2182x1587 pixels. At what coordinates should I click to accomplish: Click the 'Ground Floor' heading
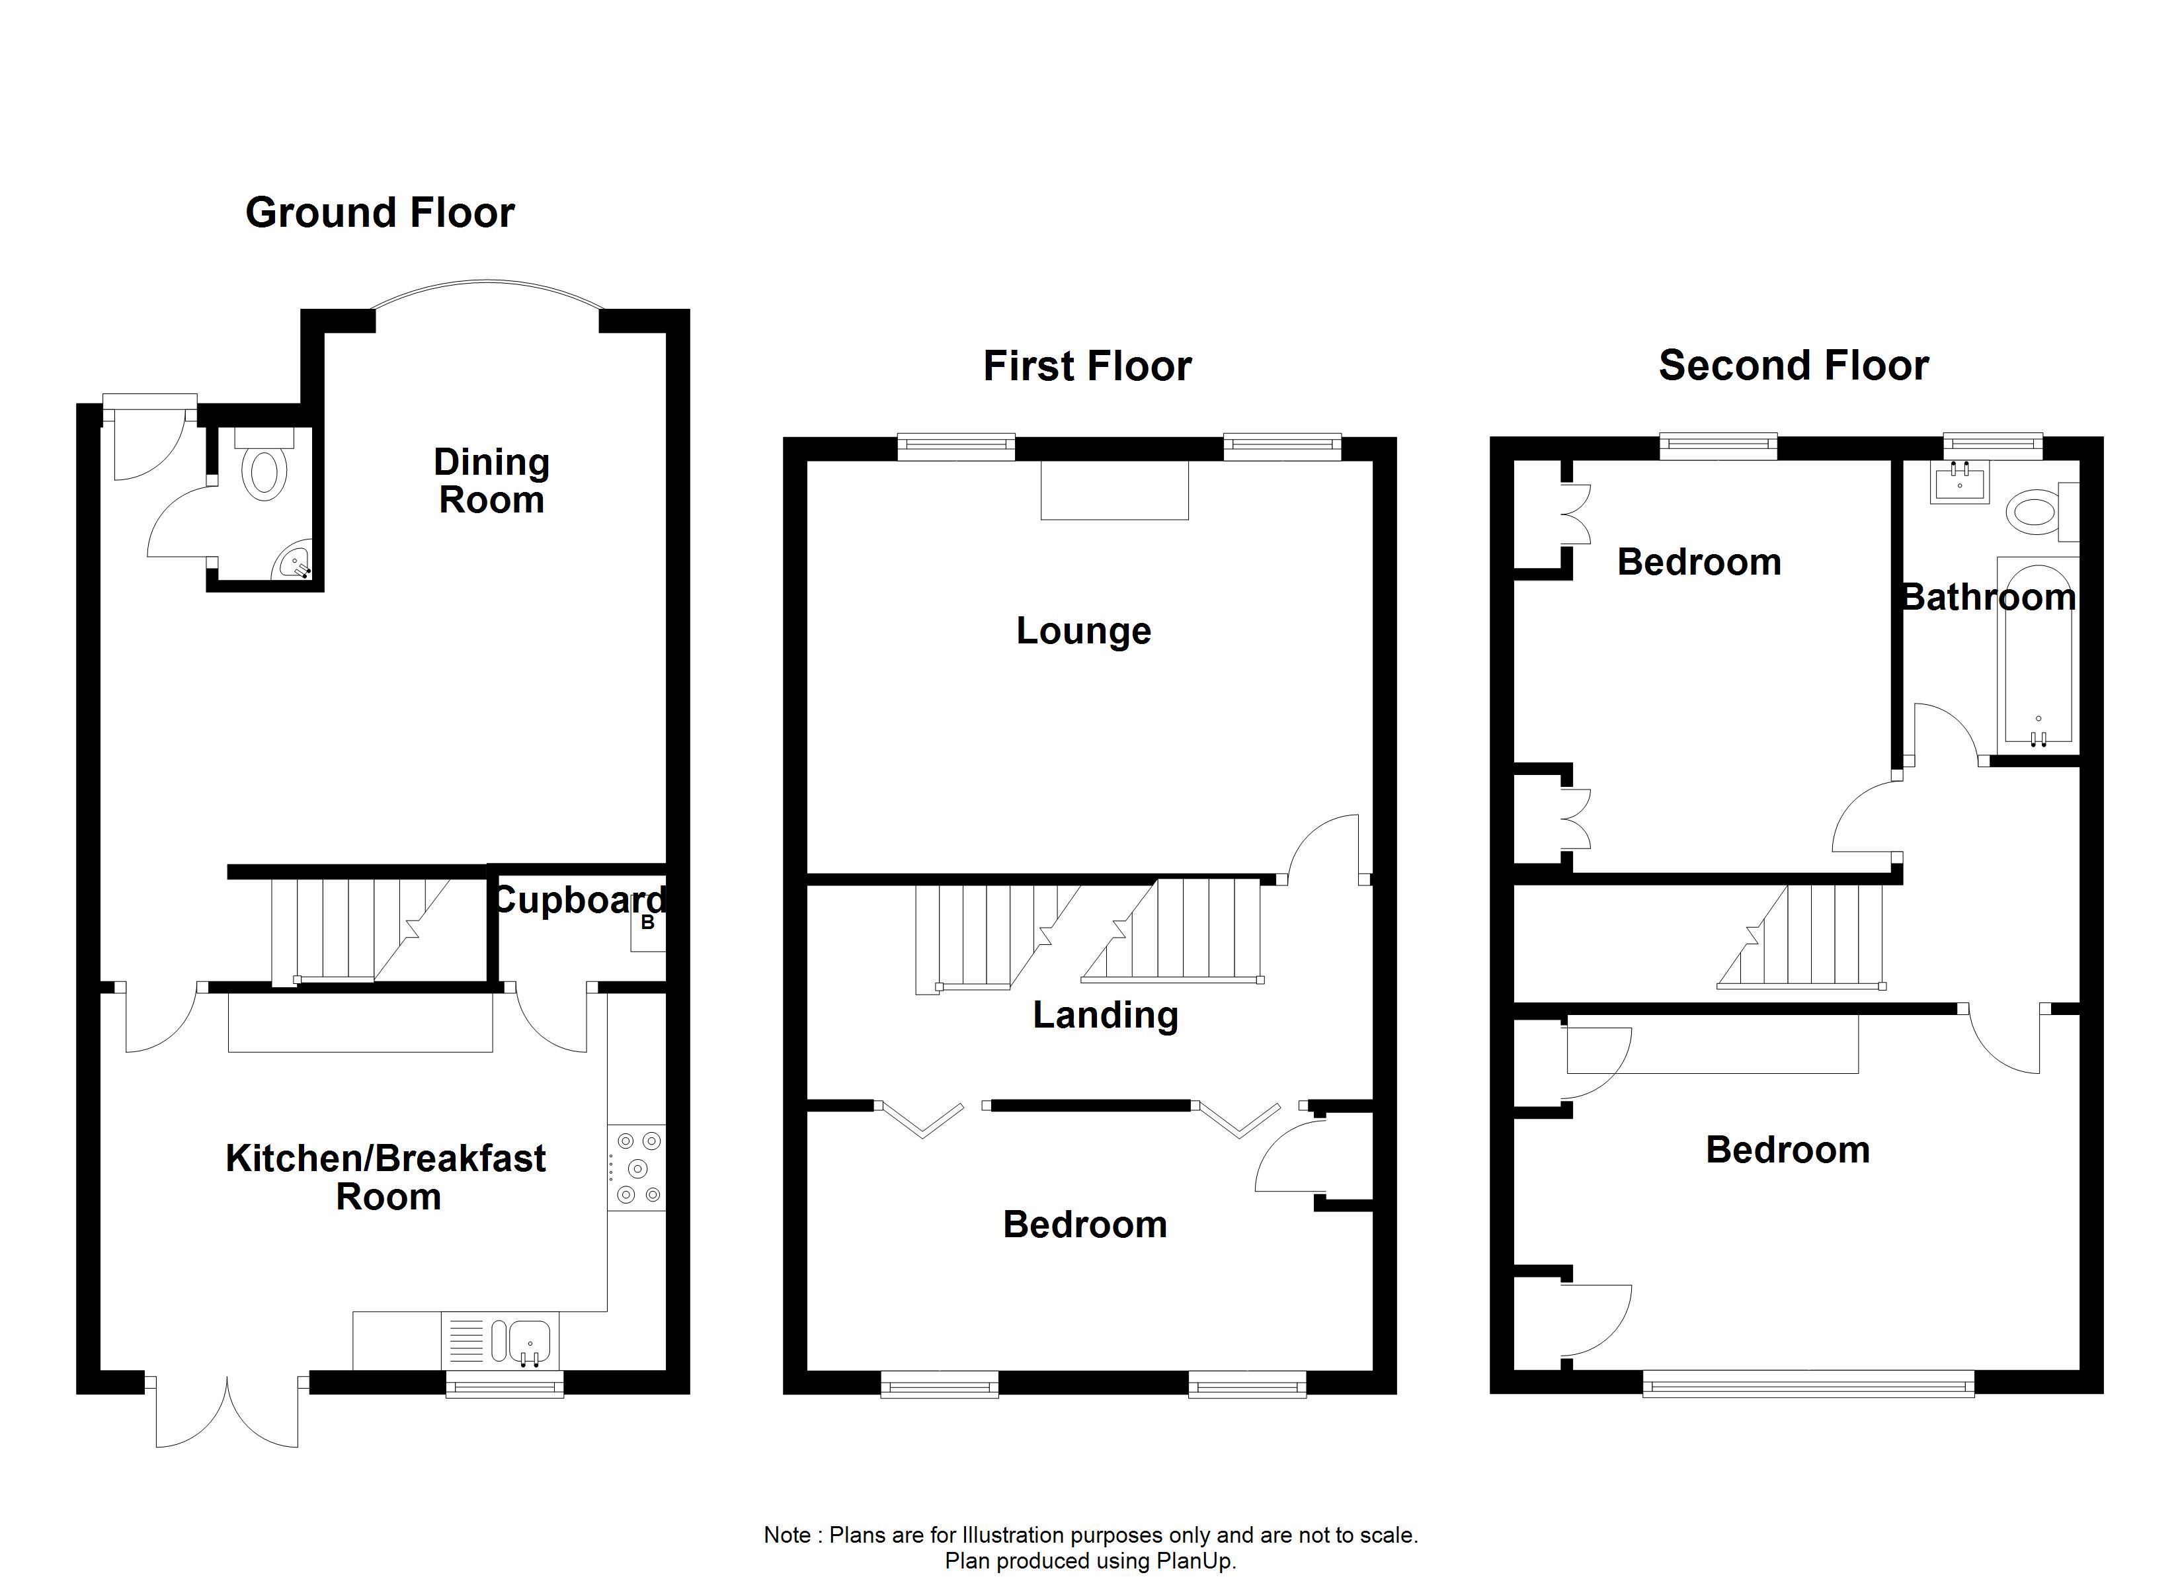coord(380,213)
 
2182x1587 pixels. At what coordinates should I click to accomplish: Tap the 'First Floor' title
coord(1087,367)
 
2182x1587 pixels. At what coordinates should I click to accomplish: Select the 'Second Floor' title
coord(1793,366)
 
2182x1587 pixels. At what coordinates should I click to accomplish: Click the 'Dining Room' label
coord(492,481)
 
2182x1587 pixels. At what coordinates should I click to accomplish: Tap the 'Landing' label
coord(1106,1015)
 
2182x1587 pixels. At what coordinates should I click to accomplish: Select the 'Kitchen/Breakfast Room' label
coord(385,1177)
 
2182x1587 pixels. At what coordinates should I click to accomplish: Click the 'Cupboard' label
coord(578,901)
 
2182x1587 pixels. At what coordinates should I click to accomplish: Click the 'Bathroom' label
coord(1990,598)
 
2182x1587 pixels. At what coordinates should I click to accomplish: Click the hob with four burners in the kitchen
coord(637,1167)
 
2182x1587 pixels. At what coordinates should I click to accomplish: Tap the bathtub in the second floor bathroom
coord(2038,655)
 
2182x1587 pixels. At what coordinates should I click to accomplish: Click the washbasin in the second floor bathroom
coord(1959,482)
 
